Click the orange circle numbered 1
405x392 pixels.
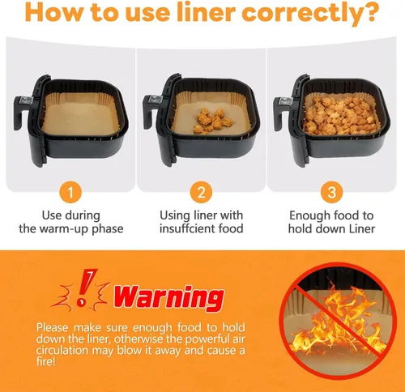(x=70, y=192)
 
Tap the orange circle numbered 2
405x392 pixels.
(x=201, y=192)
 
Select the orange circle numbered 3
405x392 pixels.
(x=331, y=192)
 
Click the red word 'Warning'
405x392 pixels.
(x=169, y=298)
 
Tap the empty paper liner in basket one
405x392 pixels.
(x=81, y=114)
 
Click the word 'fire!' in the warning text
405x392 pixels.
(x=46, y=361)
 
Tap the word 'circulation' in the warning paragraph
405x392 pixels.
(x=62, y=350)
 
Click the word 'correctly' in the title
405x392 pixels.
(x=301, y=13)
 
